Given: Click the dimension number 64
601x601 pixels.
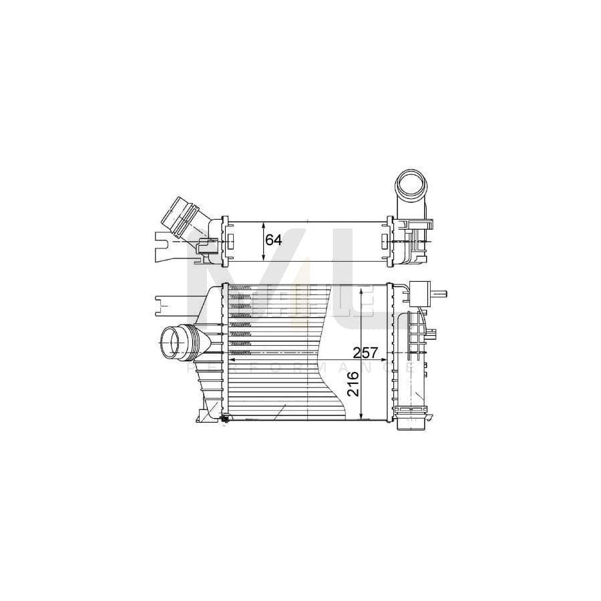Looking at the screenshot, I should pyautogui.click(x=273, y=240).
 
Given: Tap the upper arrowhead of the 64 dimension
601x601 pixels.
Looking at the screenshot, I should pyautogui.click(x=262, y=224).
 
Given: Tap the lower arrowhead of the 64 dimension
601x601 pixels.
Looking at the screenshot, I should pyautogui.click(x=262, y=257).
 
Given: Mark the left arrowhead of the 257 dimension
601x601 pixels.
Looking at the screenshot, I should pyautogui.click(x=232, y=359).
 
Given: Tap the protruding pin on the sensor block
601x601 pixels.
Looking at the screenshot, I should pyautogui.click(x=441, y=293).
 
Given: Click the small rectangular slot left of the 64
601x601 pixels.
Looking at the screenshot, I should pyautogui.click(x=230, y=240).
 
